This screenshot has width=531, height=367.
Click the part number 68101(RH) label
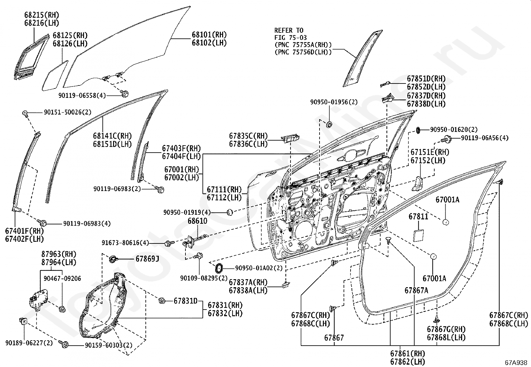click(209, 35)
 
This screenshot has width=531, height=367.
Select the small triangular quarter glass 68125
click(55, 76)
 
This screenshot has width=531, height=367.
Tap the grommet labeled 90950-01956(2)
click(329, 124)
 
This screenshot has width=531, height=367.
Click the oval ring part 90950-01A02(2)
click(218, 268)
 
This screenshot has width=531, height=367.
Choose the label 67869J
click(147, 259)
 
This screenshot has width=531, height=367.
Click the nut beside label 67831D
click(162, 301)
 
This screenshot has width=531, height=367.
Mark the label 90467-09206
click(62, 278)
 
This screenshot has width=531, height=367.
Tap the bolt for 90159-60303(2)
click(64, 344)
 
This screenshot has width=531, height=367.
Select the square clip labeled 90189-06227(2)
click(23, 321)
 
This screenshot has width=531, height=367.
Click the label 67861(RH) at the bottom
click(408, 353)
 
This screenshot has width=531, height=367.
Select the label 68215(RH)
click(42, 15)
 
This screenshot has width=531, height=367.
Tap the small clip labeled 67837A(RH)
click(286, 285)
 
